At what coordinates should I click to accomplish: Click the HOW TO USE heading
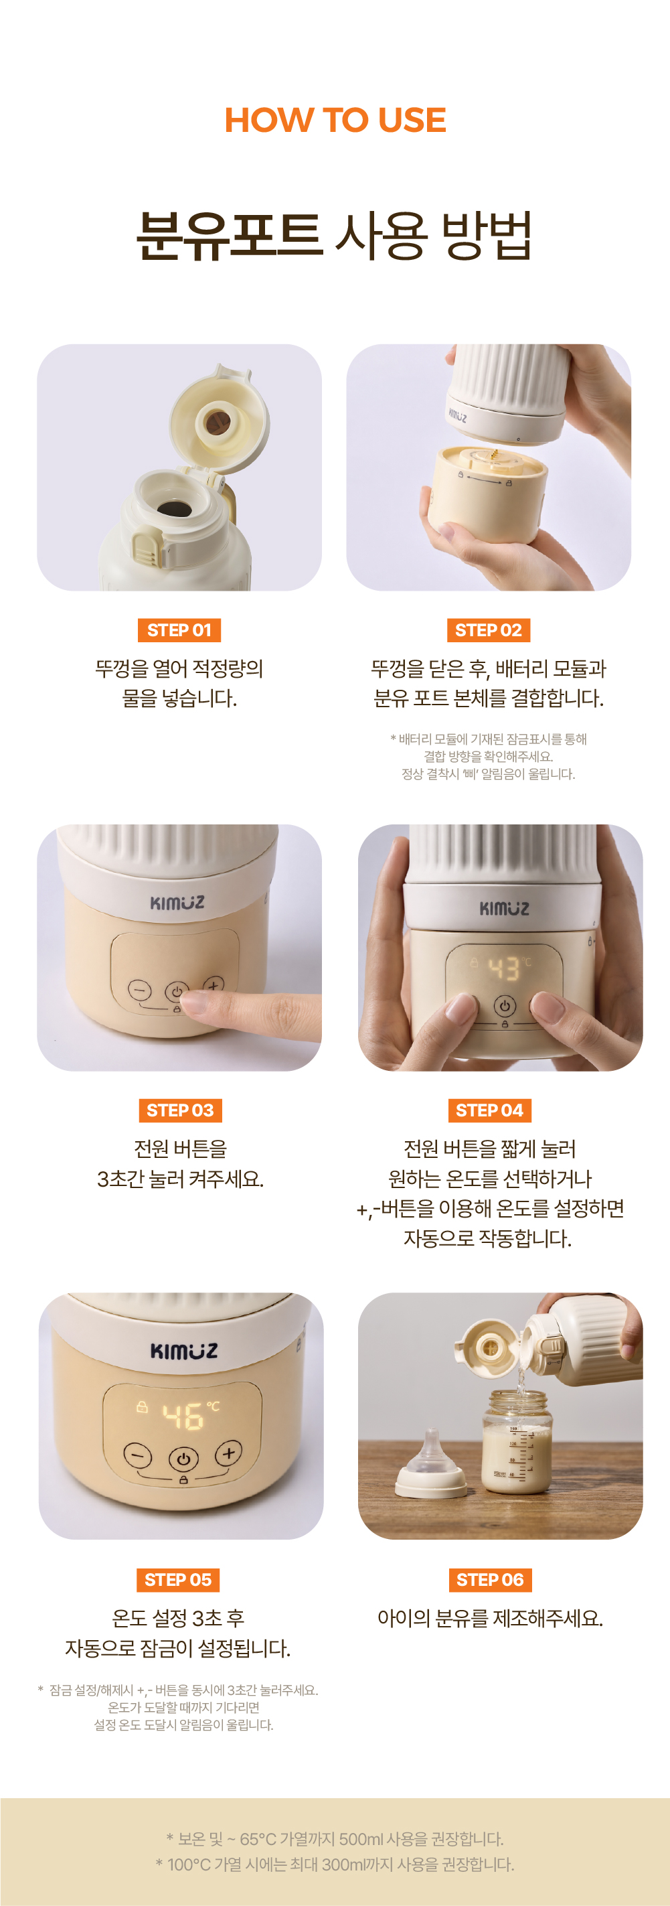point(335,120)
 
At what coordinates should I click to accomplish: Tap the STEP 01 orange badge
point(179,630)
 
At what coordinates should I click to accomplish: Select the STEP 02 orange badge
point(488,630)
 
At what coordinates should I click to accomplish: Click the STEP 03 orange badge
point(179,1110)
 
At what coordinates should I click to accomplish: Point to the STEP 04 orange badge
point(489,1110)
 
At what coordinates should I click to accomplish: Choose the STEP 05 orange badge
point(178,1580)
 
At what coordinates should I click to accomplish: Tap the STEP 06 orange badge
point(489,1580)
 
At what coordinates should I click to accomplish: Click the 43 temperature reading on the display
point(505,968)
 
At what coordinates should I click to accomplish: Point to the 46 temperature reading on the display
point(183,1417)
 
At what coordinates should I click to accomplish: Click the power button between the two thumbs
point(505,1005)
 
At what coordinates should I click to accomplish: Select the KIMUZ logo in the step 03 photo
point(177,903)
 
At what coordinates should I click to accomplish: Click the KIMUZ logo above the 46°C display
point(184,1350)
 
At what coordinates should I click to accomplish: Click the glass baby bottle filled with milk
point(517,1441)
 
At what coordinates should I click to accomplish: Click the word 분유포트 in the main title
point(230,236)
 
